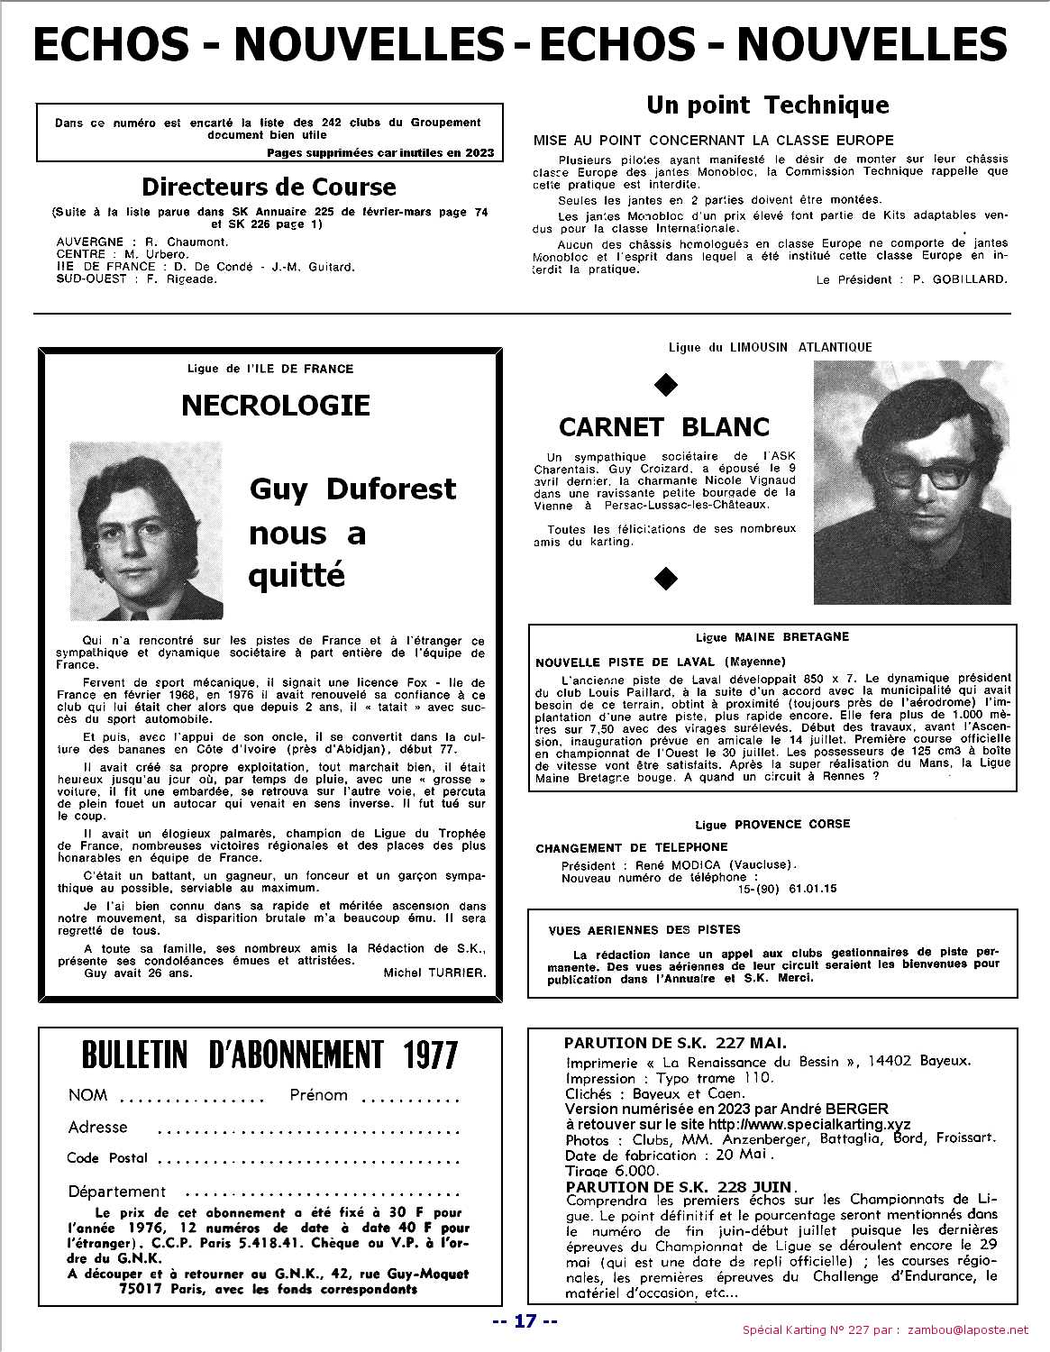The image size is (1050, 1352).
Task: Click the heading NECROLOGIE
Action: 276,406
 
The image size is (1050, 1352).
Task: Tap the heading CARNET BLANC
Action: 664,426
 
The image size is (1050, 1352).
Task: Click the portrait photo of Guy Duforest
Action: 147,525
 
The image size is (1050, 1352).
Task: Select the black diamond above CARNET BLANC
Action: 665,386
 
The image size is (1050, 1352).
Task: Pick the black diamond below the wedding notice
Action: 665,578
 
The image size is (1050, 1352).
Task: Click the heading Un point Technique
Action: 767,105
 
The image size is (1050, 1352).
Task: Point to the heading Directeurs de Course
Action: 269,187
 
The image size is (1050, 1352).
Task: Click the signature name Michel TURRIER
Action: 434,973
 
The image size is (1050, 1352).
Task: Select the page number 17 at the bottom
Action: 525,1321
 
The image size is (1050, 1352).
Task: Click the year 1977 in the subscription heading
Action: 418,1055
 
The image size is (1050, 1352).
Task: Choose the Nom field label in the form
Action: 87,1095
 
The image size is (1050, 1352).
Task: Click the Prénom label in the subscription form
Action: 318,1095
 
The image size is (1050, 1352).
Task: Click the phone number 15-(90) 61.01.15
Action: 787,889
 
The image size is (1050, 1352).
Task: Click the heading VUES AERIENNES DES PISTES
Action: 644,929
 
